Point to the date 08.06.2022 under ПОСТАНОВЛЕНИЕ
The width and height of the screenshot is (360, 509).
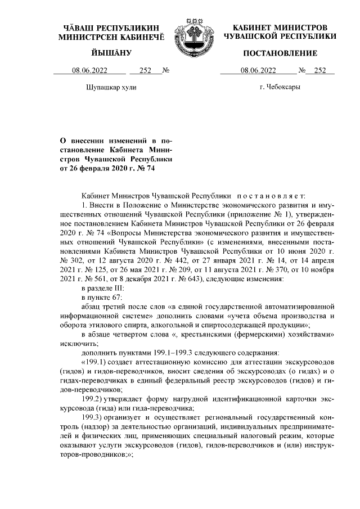(x=258, y=70)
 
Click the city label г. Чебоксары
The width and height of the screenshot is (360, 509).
(x=280, y=88)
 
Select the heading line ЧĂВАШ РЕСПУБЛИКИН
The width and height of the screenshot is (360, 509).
(x=111, y=27)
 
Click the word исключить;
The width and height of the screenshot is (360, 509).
(x=79, y=344)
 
